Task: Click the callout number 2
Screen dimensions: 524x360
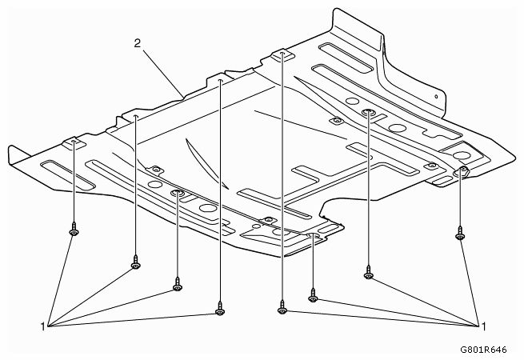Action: tap(138, 43)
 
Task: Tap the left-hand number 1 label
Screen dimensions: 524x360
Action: tap(42, 326)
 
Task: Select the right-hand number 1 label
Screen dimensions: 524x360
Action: tap(483, 326)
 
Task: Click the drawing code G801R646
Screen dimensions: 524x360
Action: tap(483, 350)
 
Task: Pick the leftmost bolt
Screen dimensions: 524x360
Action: tap(73, 229)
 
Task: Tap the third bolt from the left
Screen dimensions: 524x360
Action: tap(178, 284)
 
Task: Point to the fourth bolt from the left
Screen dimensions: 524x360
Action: tap(219, 308)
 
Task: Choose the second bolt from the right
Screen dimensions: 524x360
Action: tap(368, 272)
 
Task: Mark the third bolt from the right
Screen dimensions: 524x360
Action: tap(313, 295)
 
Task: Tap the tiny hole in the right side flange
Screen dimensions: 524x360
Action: tap(436, 97)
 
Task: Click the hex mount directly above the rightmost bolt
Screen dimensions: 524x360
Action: tap(462, 170)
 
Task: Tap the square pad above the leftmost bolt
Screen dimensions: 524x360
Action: tap(74, 142)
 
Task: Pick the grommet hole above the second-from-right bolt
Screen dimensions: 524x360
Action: tap(368, 112)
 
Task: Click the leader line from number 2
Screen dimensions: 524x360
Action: tap(163, 73)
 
